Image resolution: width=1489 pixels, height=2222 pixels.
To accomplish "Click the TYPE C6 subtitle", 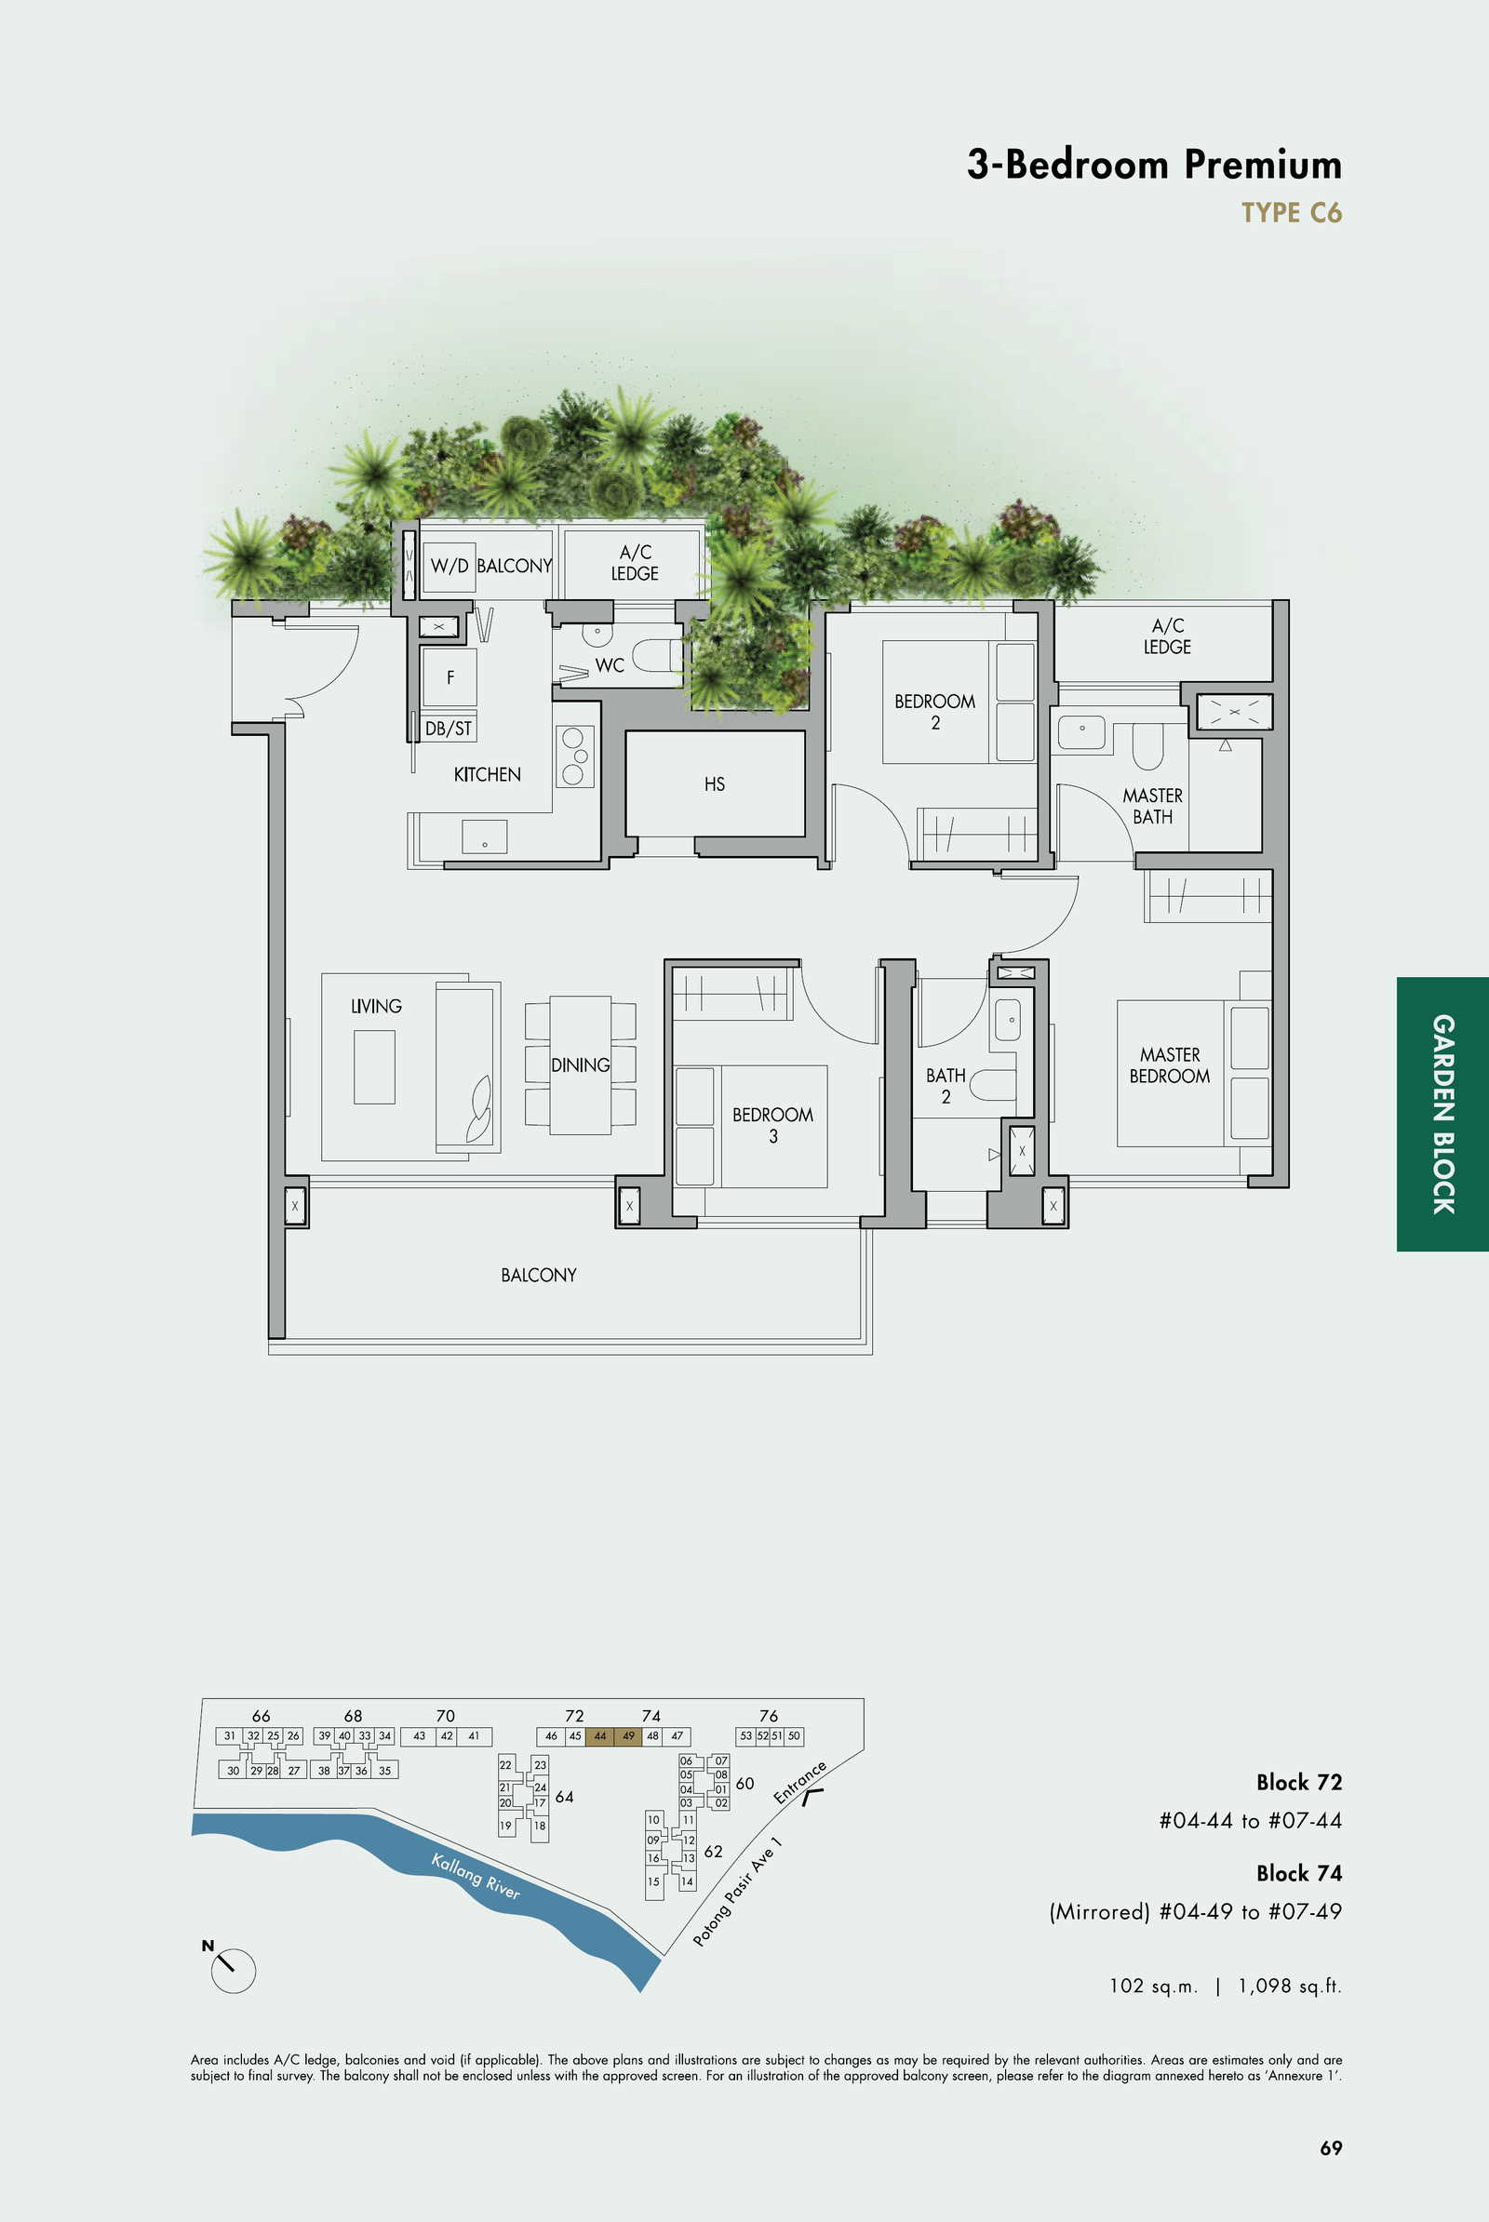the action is click(1292, 213).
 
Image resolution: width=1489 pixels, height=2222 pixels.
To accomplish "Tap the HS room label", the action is click(714, 784).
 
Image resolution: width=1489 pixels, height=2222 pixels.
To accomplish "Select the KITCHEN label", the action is click(487, 775).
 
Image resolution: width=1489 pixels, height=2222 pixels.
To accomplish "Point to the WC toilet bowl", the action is click(657, 655).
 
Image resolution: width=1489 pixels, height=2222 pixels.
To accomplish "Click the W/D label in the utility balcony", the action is click(449, 566).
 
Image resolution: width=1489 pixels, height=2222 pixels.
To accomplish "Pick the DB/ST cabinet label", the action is click(449, 729).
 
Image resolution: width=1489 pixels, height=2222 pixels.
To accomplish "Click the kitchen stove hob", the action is click(574, 756).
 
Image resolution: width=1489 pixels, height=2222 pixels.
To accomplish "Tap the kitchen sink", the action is click(484, 837).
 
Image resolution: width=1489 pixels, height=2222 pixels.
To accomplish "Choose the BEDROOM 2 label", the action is click(934, 712).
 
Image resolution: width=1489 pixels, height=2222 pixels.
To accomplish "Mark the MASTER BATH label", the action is click(1153, 806).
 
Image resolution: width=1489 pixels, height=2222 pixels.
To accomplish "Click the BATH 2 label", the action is click(946, 1086).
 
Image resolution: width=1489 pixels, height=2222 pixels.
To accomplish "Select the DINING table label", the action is click(580, 1065).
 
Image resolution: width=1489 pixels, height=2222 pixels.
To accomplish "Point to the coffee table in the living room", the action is click(374, 1067).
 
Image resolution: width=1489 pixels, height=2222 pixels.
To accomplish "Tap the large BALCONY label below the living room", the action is click(539, 1276).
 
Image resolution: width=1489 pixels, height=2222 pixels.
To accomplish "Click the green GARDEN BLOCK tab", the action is click(1442, 1114).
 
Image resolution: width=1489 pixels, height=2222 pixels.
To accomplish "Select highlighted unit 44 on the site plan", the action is click(599, 1735).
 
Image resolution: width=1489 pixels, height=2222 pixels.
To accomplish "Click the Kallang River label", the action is click(476, 1877).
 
